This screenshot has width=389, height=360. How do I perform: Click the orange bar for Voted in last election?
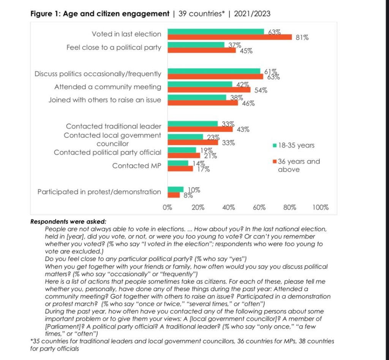(x=229, y=37)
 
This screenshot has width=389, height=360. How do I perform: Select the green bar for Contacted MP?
(x=177, y=163)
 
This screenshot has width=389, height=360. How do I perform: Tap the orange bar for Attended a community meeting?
(x=209, y=90)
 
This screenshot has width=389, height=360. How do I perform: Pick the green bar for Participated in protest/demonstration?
(x=175, y=189)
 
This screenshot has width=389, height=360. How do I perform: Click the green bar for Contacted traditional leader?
(x=192, y=123)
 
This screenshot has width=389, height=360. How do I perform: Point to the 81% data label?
(x=302, y=38)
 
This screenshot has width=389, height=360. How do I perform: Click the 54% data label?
(x=261, y=90)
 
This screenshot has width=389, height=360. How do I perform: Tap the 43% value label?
(x=243, y=129)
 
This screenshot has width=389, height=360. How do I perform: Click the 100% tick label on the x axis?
(x=320, y=208)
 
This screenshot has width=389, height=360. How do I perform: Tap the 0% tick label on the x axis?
(x=168, y=208)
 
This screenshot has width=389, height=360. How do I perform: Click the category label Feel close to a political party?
(x=114, y=47)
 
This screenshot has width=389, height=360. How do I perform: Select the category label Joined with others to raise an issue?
(x=104, y=100)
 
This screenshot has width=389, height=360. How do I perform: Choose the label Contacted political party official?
(x=108, y=152)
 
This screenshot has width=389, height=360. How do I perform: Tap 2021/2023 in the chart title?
(x=252, y=14)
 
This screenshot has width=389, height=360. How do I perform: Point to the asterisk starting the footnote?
(x=32, y=341)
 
